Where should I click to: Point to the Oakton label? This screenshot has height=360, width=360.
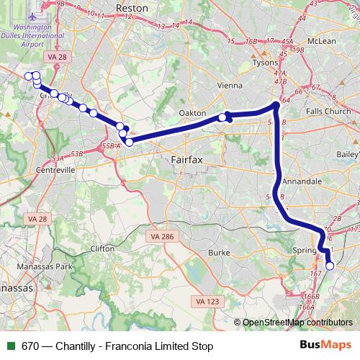click(x=193, y=114)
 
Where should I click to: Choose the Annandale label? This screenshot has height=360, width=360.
click(x=302, y=182)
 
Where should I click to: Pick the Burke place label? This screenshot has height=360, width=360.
click(x=219, y=253)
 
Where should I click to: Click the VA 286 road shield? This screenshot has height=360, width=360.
click(x=162, y=236)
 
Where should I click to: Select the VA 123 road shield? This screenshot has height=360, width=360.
click(x=207, y=301)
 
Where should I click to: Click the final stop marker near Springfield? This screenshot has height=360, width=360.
click(x=330, y=266)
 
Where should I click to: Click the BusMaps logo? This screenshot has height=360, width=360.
click(x=325, y=346)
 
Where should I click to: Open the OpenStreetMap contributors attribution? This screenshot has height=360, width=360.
click(x=297, y=323)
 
